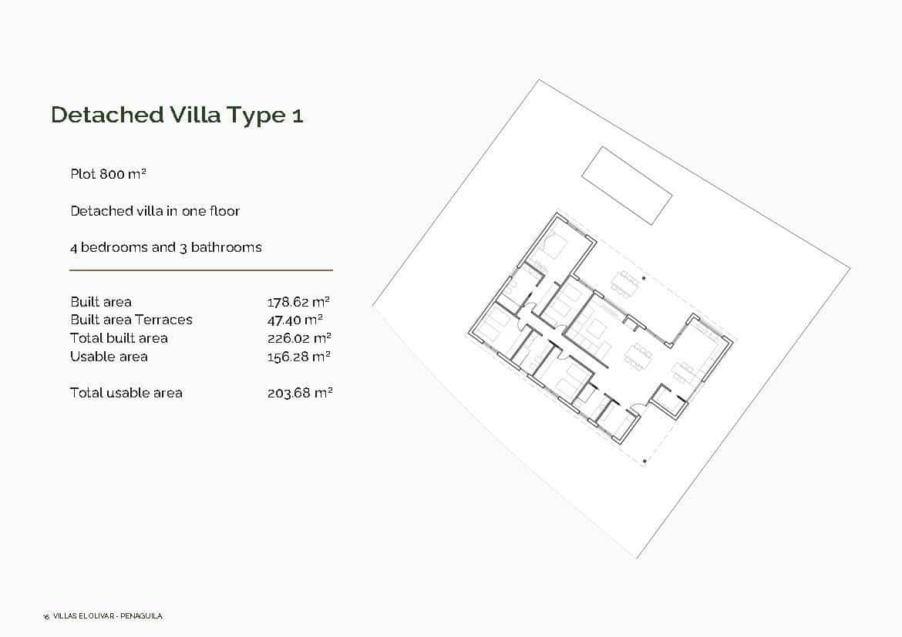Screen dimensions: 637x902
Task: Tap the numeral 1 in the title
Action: [x=298, y=116]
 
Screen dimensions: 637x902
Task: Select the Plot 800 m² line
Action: [x=108, y=174]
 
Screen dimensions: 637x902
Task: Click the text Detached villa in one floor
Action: [x=155, y=211]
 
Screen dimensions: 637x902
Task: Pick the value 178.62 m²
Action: [x=299, y=302]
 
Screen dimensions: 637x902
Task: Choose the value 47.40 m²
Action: [x=294, y=320]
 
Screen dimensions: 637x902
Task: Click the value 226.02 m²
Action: [x=299, y=338]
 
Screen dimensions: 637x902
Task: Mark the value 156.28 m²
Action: [x=299, y=357]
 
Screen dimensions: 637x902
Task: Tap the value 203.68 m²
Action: [x=300, y=393]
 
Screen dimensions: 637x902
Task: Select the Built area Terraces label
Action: [x=131, y=320]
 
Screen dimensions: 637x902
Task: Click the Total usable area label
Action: [x=126, y=393]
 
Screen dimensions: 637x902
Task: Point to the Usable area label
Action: [x=109, y=357]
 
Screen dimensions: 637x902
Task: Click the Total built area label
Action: [x=119, y=338]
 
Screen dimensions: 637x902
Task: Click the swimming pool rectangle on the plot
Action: [x=626, y=185]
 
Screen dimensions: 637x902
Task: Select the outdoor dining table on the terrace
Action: [x=625, y=283]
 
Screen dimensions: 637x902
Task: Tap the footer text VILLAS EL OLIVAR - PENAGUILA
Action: [x=108, y=616]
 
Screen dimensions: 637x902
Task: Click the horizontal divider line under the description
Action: [x=200, y=270]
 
